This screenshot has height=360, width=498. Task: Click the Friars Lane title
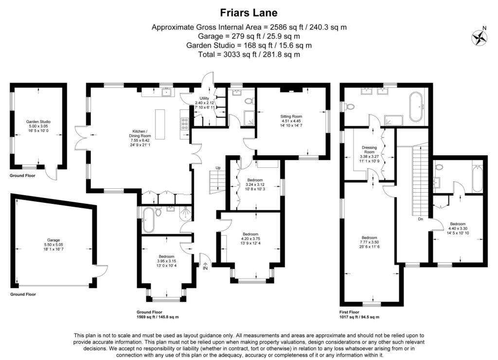pyautogui.click(x=249, y=12)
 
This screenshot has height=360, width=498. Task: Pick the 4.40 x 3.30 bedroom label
pyautogui.click(x=460, y=225)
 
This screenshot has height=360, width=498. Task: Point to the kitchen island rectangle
pyautogui.click(x=160, y=123)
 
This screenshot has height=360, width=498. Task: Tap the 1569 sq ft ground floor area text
pyautogui.click(x=158, y=317)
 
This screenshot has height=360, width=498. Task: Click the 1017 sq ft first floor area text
pyautogui.click(x=359, y=317)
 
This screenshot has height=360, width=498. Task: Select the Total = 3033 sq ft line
pyautogui.click(x=249, y=54)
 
